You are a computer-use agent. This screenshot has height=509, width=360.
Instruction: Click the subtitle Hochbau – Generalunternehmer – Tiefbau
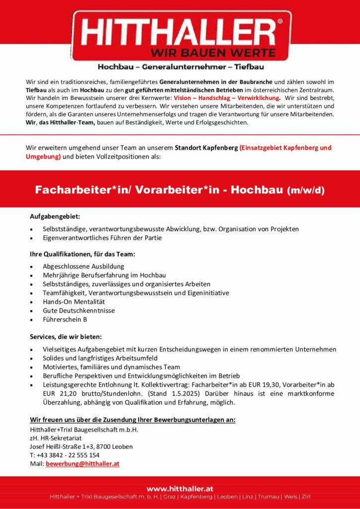tap(180, 67)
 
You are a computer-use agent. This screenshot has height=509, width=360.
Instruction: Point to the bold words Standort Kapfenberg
tap(206, 148)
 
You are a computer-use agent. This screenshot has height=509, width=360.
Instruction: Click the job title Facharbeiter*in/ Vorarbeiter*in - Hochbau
tap(159, 190)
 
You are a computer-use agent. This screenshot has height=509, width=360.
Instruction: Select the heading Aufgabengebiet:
tap(55, 217)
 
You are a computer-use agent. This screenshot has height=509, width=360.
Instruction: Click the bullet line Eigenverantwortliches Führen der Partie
tap(102, 238)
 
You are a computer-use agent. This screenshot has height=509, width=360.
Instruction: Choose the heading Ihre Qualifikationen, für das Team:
tap(82, 254)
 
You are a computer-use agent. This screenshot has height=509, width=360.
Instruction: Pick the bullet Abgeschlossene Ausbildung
tap(84, 266)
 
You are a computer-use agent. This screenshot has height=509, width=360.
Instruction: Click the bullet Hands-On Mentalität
tap(74, 302)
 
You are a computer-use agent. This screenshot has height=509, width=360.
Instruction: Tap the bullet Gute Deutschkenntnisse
tap(79, 311)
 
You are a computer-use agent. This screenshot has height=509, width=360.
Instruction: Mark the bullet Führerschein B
tap(65, 320)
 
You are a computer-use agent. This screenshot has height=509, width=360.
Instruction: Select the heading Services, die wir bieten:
tap(66, 337)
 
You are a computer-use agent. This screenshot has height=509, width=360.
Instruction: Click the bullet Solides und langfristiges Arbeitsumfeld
tap(100, 358)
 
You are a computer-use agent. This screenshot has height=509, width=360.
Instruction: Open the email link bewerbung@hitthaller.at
tap(83, 464)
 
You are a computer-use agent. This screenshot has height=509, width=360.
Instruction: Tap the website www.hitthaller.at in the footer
tap(180, 489)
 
